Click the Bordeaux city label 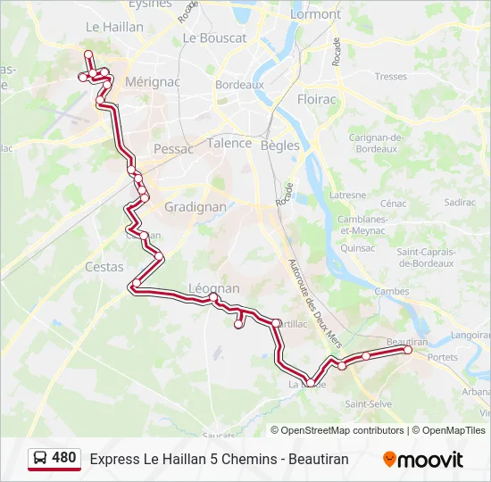[x=238, y=85]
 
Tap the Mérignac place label [x=153, y=80]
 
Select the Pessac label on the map [x=173, y=149]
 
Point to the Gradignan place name [x=195, y=206]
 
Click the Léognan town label [x=214, y=288]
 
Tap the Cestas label [x=104, y=266]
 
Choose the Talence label [x=229, y=143]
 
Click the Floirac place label [x=317, y=99]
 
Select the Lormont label [x=316, y=14]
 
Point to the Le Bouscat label [x=214, y=38]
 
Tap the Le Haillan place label [x=114, y=27]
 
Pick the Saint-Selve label [x=369, y=403]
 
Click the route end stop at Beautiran [x=409, y=350]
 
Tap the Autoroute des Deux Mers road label [x=310, y=299]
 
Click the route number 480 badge [x=63, y=458]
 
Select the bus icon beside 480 [x=41, y=459]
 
